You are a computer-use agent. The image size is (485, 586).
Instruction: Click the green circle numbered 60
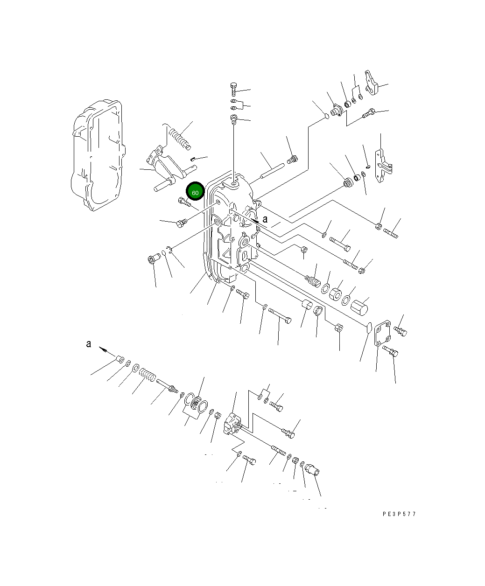tap(195, 191)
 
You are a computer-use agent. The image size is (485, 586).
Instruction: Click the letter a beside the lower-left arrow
tap(89, 344)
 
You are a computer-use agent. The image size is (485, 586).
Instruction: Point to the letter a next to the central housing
tap(265, 219)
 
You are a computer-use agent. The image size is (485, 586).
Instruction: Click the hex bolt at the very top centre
tap(233, 89)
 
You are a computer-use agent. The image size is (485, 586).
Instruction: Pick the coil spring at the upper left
tap(179, 137)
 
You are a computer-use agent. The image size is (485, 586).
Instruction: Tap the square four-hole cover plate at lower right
tap(382, 333)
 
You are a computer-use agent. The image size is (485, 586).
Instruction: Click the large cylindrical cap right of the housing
tap(359, 307)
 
